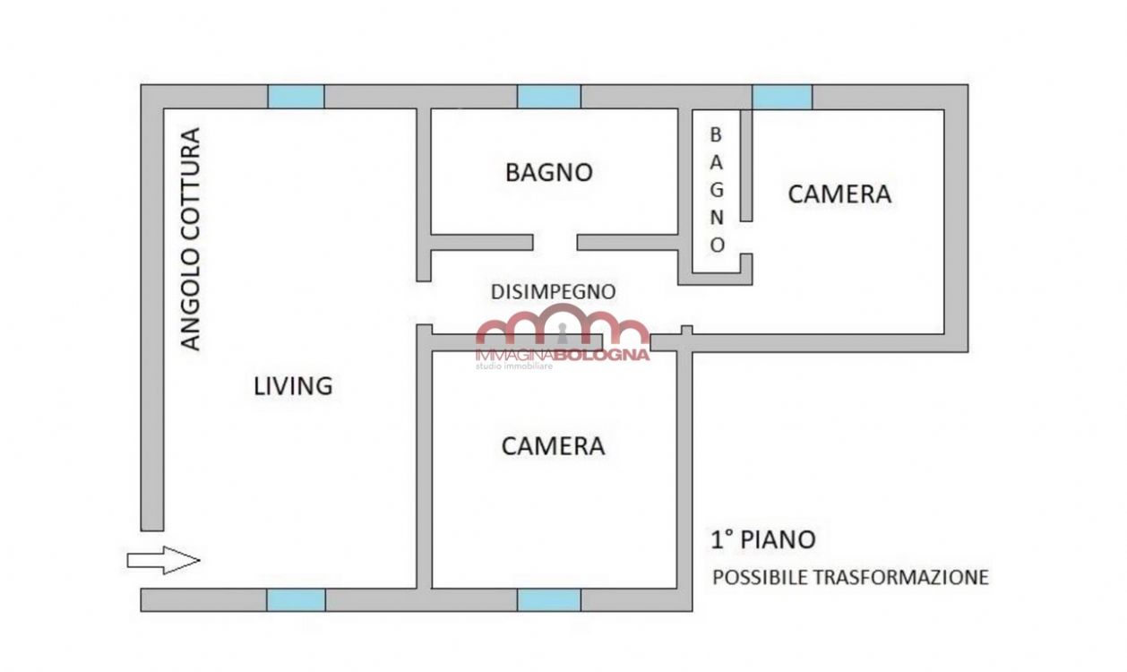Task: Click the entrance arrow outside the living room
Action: point(163,560)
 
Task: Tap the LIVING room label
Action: point(293,386)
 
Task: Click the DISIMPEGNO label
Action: point(554,292)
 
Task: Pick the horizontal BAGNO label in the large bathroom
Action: point(549,172)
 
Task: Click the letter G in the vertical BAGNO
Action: point(717,190)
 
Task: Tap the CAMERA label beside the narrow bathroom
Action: point(839,194)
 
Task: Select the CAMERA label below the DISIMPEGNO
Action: point(553,446)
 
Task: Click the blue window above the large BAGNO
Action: point(549,97)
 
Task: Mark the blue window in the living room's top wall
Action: point(296,97)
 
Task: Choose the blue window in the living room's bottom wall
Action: point(296,600)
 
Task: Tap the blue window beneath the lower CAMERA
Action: point(549,600)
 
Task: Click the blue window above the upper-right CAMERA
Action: point(782,97)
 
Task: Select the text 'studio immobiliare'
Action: point(514,366)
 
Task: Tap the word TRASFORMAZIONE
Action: point(901,577)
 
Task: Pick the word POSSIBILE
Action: point(761,577)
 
